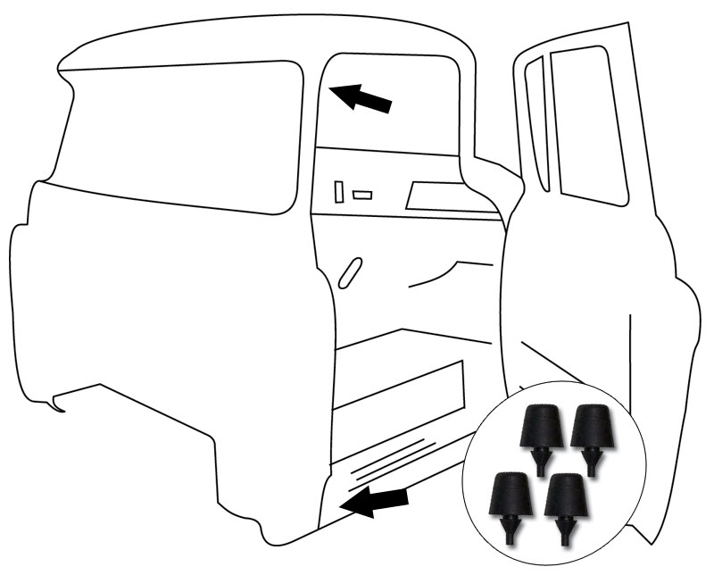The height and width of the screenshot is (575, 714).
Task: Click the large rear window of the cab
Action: click(178, 134)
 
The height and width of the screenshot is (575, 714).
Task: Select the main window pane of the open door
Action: click(590, 125)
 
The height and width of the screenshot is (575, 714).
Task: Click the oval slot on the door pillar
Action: click(352, 272)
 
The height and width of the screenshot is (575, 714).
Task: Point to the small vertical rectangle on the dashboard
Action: click(340, 191)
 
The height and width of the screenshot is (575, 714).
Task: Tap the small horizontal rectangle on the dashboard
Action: click(362, 195)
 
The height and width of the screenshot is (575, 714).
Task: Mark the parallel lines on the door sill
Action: click(393, 460)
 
